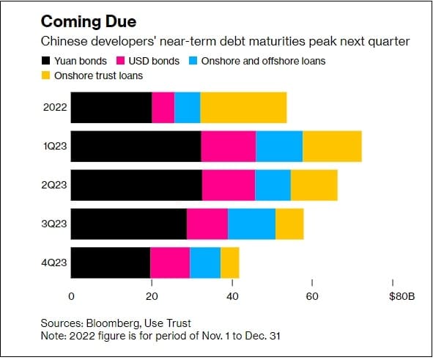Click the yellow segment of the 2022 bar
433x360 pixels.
pyautogui.click(x=243, y=107)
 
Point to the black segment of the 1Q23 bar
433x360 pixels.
pyautogui.click(x=136, y=147)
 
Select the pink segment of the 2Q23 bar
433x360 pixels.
pyautogui.click(x=228, y=185)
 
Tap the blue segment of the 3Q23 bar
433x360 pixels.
pyautogui.click(x=251, y=224)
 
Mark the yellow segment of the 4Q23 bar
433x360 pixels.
pyautogui.click(x=230, y=262)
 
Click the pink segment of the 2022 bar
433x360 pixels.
pyautogui.click(x=163, y=107)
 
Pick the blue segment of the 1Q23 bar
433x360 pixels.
pyautogui.click(x=279, y=147)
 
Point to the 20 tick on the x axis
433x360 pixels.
pyautogui.click(x=152, y=296)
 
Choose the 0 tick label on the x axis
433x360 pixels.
pyautogui.click(x=71, y=296)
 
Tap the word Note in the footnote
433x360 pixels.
pyautogui.click(x=53, y=335)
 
